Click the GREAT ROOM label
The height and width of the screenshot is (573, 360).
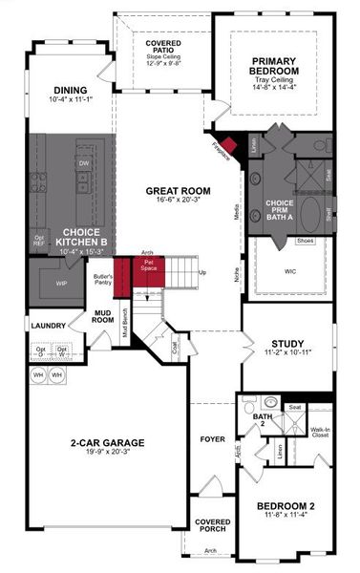(x=171, y=191)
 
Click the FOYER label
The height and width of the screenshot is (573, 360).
(x=210, y=440)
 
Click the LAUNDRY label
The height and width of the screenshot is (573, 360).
(x=48, y=326)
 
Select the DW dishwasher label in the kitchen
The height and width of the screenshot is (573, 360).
(x=84, y=163)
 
